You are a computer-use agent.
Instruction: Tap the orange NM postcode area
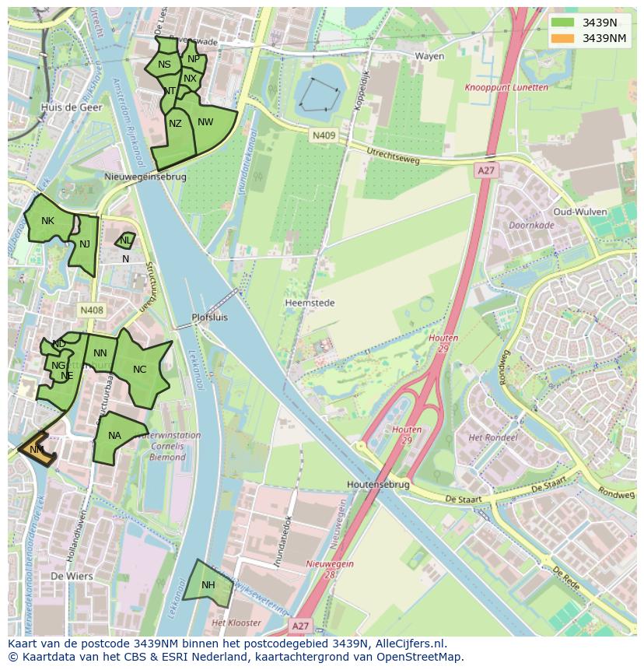[37, 450]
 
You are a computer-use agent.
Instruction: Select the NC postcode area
[140, 370]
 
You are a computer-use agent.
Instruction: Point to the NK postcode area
[47, 221]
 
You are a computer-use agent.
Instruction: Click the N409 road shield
[324, 135]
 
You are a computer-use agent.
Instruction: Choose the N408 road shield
[91, 310]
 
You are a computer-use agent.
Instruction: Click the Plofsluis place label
[210, 317]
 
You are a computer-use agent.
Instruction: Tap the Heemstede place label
[310, 303]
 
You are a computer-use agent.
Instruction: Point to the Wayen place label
[429, 56]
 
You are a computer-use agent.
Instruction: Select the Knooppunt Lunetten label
[506, 88]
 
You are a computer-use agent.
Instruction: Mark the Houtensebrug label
[378, 484]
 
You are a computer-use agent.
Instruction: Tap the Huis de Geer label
[72, 107]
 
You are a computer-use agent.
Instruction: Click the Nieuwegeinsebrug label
[145, 177]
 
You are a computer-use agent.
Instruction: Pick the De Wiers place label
[72, 577]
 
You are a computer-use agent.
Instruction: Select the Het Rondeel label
[492, 438]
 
